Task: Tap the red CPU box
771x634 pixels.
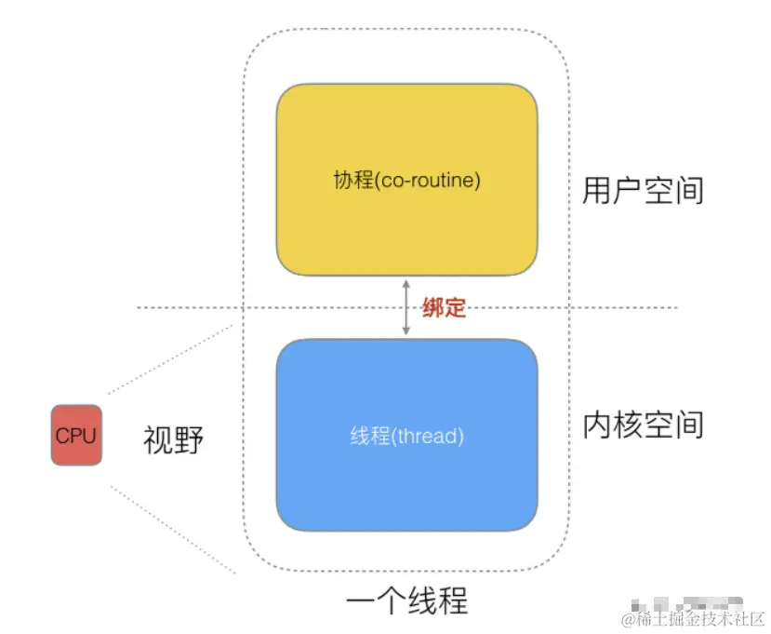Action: (x=76, y=435)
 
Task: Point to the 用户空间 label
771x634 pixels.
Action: (x=643, y=191)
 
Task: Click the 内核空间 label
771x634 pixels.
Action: (x=643, y=424)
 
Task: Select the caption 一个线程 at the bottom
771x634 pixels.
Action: (x=406, y=600)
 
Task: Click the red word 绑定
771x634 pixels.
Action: (x=444, y=307)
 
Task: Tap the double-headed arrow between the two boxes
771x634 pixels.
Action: (x=405, y=307)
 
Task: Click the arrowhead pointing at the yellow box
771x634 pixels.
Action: (x=405, y=282)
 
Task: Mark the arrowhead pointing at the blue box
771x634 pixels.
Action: (x=405, y=331)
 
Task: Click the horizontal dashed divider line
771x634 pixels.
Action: (x=186, y=308)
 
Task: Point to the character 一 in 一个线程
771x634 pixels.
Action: (x=360, y=600)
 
